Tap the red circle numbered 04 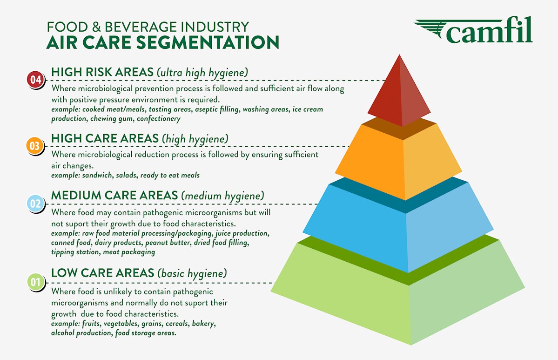click(35, 80)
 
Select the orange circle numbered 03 click(35, 146)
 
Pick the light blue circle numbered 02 click(35, 204)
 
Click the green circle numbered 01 click(35, 282)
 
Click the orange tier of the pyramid click(398, 160)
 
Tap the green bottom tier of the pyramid click(398, 292)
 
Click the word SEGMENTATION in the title click(208, 42)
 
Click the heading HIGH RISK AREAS click(102, 72)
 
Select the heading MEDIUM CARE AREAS click(114, 195)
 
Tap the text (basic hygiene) click(192, 273)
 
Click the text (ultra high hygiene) click(202, 73)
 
